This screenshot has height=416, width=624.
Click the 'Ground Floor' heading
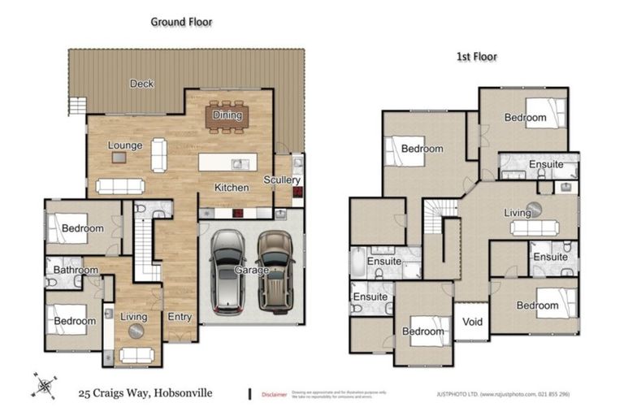coord(181,22)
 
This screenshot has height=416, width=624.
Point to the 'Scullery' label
coord(282,180)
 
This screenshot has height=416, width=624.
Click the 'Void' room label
coord(472,323)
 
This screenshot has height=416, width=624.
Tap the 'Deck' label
coord(141,84)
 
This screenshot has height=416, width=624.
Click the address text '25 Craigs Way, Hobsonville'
coord(145,392)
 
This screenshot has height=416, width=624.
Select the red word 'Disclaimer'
coord(274,395)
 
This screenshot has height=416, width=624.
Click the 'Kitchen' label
coord(232,188)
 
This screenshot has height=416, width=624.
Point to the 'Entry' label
coord(180,317)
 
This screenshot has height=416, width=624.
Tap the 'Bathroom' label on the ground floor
coord(76,271)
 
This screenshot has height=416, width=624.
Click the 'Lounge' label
coord(125,145)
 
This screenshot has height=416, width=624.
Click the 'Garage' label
coord(252,269)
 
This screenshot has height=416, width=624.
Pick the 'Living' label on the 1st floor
coord(518,213)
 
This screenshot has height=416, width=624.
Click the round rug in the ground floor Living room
coord(135,331)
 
